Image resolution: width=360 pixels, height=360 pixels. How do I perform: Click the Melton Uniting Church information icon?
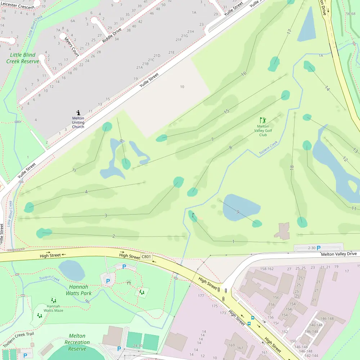(78, 113)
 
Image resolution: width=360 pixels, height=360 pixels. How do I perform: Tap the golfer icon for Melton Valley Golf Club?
(263, 120)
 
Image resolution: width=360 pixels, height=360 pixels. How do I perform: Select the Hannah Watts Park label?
(78, 290)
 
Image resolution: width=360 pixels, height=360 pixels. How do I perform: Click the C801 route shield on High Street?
(147, 257)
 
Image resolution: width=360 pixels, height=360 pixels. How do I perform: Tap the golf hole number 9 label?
(238, 212)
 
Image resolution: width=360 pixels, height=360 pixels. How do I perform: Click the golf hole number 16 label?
(244, 73)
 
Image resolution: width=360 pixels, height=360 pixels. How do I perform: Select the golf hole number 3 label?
(105, 216)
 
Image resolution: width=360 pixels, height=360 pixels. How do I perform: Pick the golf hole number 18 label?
(292, 167)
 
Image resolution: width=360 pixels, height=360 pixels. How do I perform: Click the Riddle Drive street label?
(112, 35)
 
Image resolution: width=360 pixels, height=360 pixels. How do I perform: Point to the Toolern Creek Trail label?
(18, 339)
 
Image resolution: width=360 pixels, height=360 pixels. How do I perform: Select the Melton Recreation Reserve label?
(77, 342)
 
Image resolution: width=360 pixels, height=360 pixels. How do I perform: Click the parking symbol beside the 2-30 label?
(318, 248)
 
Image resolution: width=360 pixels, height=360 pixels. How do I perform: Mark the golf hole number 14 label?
(327, 88)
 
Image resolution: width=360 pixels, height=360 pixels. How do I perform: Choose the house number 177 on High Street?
(201, 296)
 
